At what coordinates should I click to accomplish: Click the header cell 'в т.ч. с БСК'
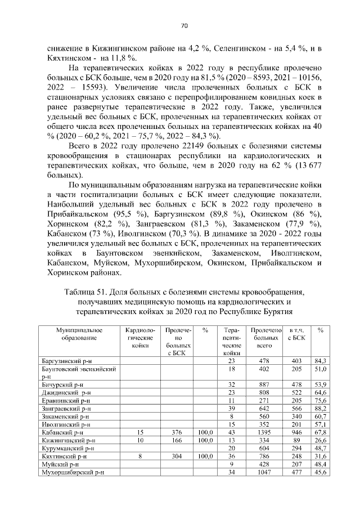click(296, 334)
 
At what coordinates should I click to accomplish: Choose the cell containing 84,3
click(321, 360)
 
